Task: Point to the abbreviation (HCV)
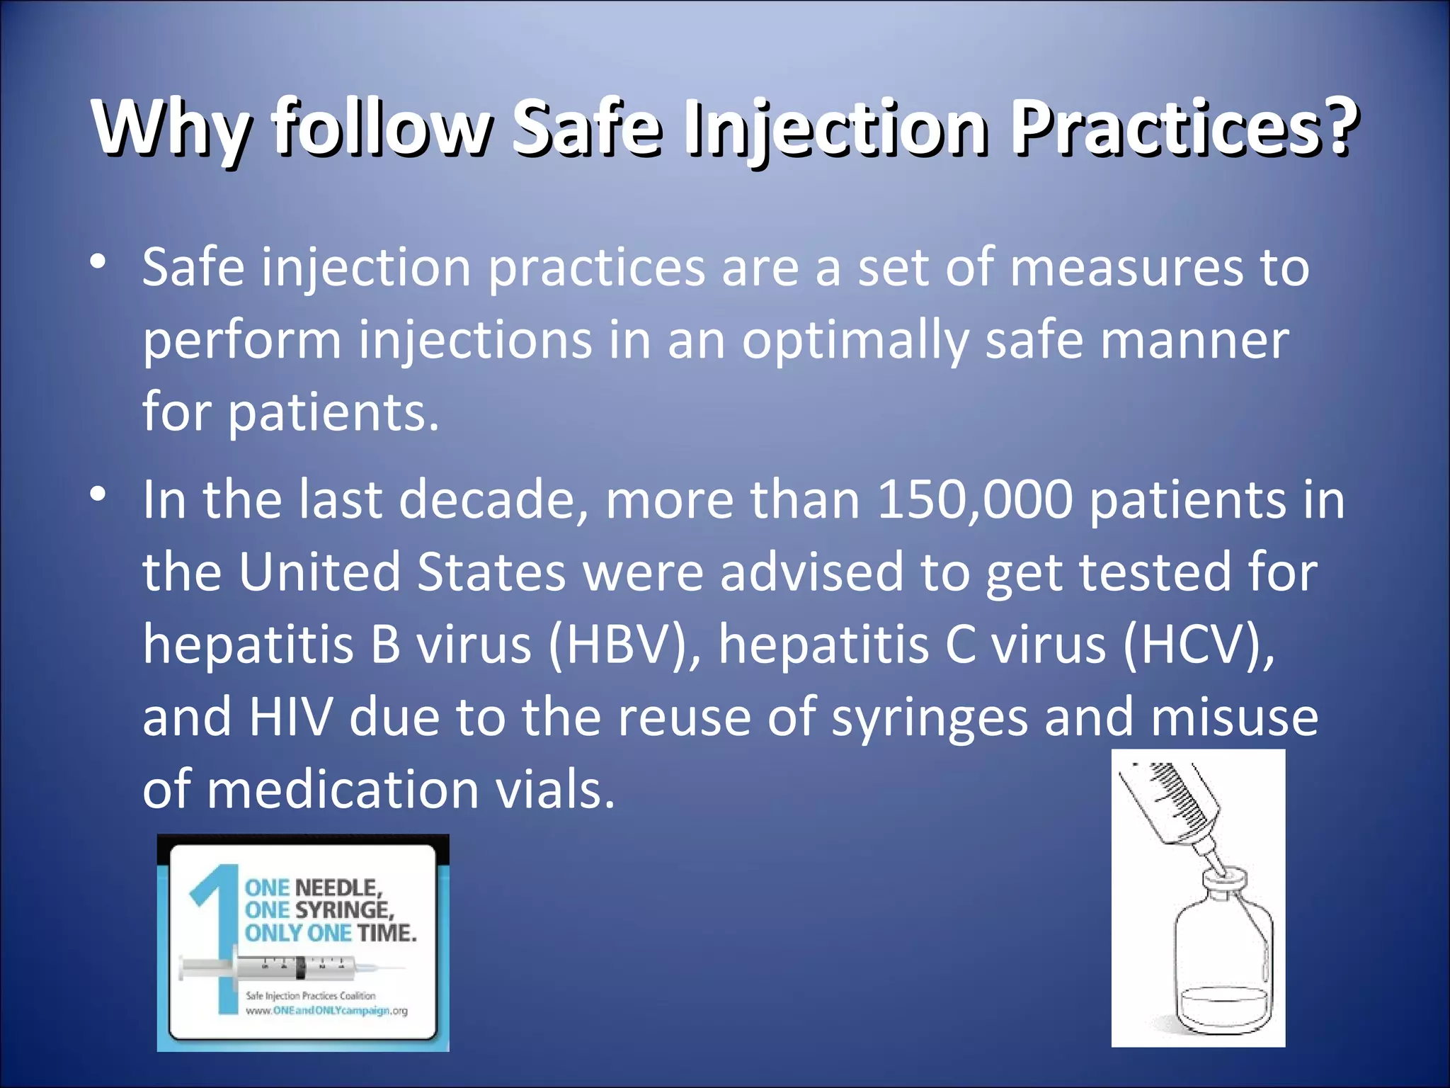[1197, 645]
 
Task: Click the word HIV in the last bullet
[290, 717]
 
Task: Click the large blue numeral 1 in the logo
[216, 935]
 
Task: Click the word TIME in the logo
[387, 933]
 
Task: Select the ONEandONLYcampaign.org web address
[326, 1011]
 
